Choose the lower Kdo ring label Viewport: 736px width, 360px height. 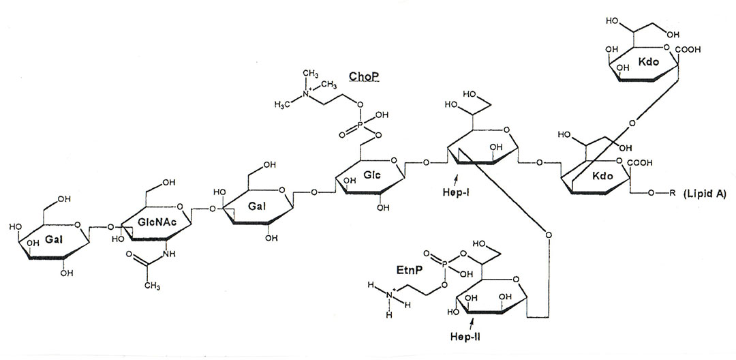(x=604, y=176)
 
